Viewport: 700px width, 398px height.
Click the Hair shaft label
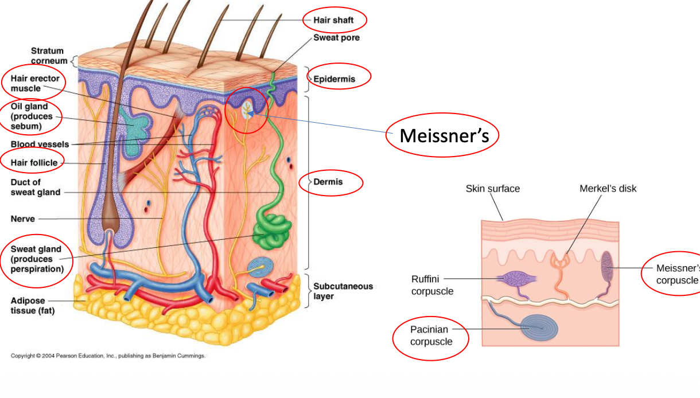pos(333,20)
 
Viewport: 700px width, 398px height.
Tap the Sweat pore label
pos(336,38)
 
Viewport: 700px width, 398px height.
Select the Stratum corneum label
pos(49,56)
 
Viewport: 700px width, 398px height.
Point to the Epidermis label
pos(334,79)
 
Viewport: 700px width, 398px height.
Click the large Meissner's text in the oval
pos(444,135)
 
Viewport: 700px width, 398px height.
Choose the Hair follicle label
pos(34,162)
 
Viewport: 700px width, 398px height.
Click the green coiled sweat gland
pos(271,231)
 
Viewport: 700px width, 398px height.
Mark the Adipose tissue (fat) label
pos(33,306)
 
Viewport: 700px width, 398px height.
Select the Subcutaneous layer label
pos(343,291)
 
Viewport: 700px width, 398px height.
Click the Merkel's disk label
pos(608,188)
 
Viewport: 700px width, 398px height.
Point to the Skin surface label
pos(492,189)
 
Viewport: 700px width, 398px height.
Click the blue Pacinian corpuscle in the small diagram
pos(540,327)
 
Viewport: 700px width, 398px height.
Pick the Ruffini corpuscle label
pos(432,285)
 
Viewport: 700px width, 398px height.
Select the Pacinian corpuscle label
pos(431,335)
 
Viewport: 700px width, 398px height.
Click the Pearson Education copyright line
pos(108,356)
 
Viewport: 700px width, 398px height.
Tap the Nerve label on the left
pos(23,218)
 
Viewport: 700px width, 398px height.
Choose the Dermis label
pos(328,182)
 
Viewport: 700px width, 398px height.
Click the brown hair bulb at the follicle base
pos(110,223)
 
